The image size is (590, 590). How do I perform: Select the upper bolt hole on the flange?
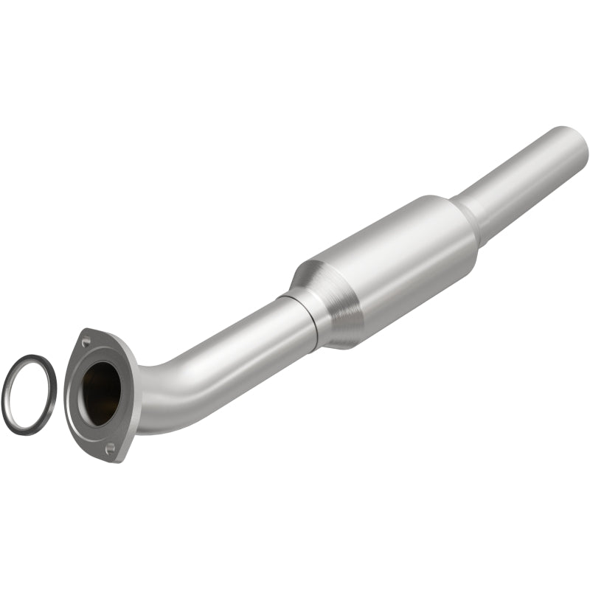87,341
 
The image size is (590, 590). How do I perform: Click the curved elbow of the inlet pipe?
159,391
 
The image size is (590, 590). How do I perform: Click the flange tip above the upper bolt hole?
83,331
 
